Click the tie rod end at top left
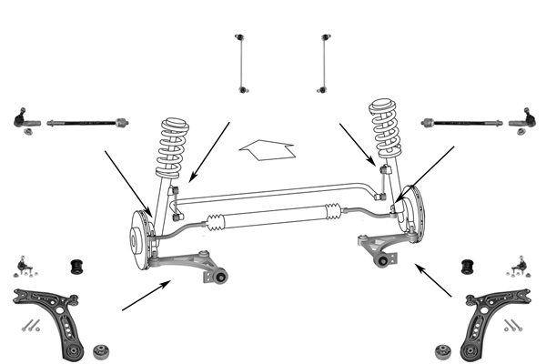click(x=23, y=120)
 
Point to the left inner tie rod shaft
click(x=86, y=120)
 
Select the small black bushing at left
click(x=79, y=267)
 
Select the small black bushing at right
click(x=470, y=267)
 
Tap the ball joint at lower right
click(x=521, y=267)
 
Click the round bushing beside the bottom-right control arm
click(x=444, y=349)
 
